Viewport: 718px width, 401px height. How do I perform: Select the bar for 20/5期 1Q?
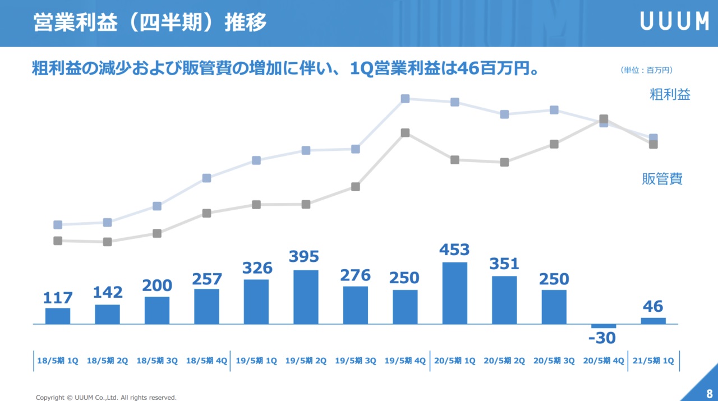coord(454,293)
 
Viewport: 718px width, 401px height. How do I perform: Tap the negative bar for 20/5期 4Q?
coord(604,326)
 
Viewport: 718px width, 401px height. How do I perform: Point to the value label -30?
coord(602,338)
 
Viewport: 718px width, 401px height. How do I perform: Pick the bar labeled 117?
coord(58,316)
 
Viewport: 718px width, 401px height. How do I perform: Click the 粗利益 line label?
coord(670,94)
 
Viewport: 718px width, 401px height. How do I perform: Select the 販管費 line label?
coord(662,179)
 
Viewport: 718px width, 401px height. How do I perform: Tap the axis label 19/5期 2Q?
coord(306,361)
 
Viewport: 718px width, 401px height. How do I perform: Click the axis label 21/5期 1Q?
coord(653,361)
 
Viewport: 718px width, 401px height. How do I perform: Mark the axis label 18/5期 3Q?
coord(157,361)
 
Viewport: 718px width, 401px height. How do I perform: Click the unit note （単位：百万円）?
coord(646,70)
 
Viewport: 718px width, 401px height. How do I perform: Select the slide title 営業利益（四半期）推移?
coord(150,22)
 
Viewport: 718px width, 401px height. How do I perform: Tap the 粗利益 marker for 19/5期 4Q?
coord(405,99)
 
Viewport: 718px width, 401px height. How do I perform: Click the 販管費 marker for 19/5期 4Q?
coord(405,133)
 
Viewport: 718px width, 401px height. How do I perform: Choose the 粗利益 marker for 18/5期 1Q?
coord(58,225)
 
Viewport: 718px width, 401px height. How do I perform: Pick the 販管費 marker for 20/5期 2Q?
coord(504,162)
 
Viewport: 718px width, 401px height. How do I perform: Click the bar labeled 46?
coord(653,321)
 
